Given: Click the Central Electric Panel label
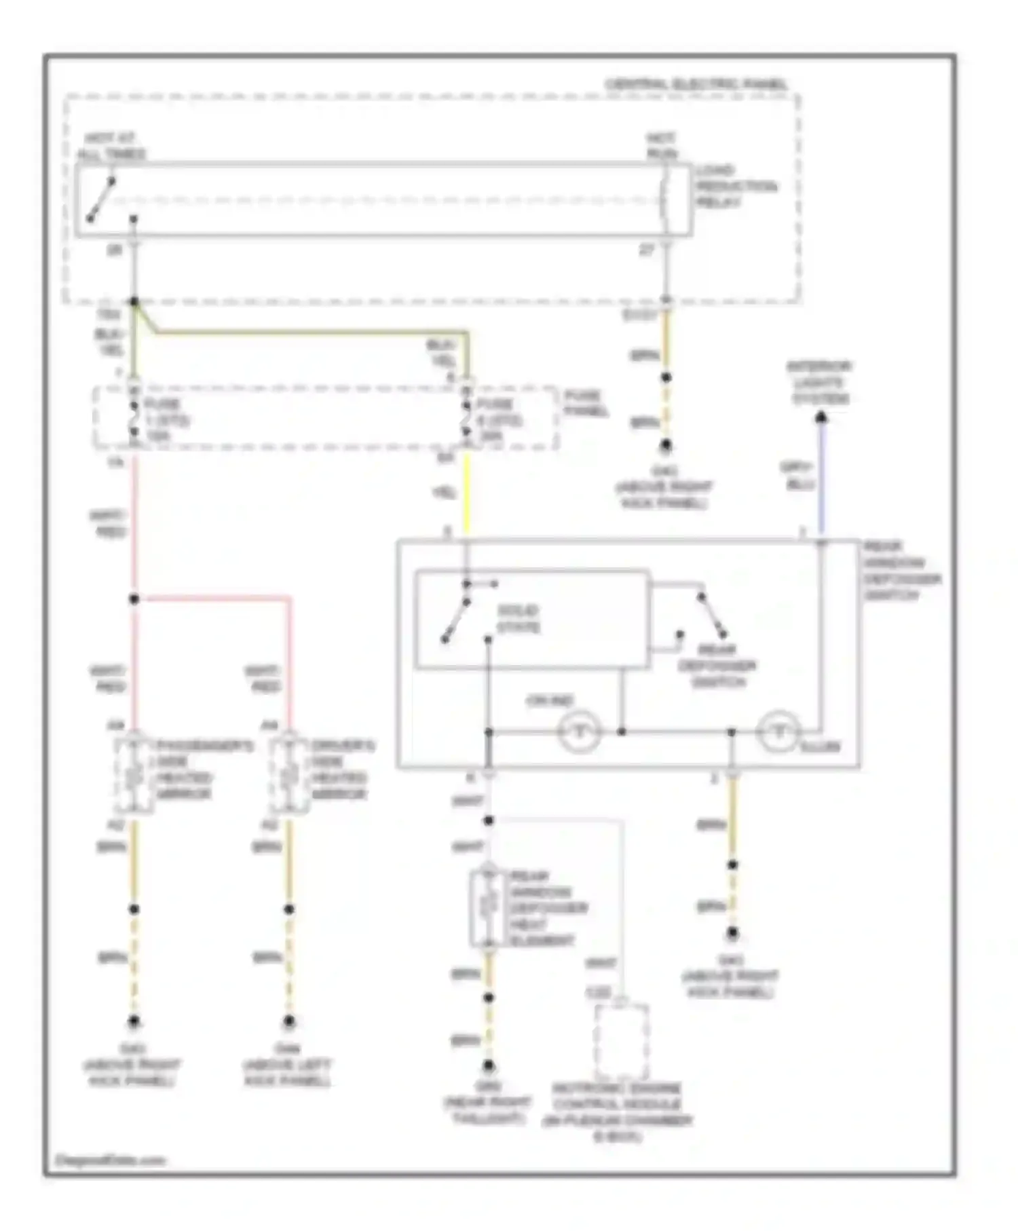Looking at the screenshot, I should pyautogui.click(x=696, y=84).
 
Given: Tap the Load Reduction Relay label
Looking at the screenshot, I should pyautogui.click(x=736, y=186).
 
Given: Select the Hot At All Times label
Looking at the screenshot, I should pyautogui.click(x=111, y=147).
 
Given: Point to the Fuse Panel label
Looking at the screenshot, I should pyautogui.click(x=585, y=403).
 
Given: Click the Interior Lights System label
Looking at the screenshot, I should pyautogui.click(x=820, y=382).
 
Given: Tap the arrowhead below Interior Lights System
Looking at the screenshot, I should pyautogui.click(x=821, y=417).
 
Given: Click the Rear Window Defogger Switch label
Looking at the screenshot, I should pyautogui.click(x=901, y=571).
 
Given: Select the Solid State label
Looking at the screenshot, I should pyautogui.click(x=519, y=618).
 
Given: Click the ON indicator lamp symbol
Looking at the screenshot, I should pyautogui.click(x=579, y=732).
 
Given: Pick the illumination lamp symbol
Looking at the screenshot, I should pyautogui.click(x=779, y=732).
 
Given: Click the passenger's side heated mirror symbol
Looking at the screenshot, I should pyautogui.click(x=134, y=774).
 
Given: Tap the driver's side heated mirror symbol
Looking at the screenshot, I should pyautogui.click(x=289, y=774).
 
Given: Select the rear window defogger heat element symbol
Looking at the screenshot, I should pyautogui.click(x=488, y=907).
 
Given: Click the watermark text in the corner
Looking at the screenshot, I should pyautogui.click(x=110, y=1160).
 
